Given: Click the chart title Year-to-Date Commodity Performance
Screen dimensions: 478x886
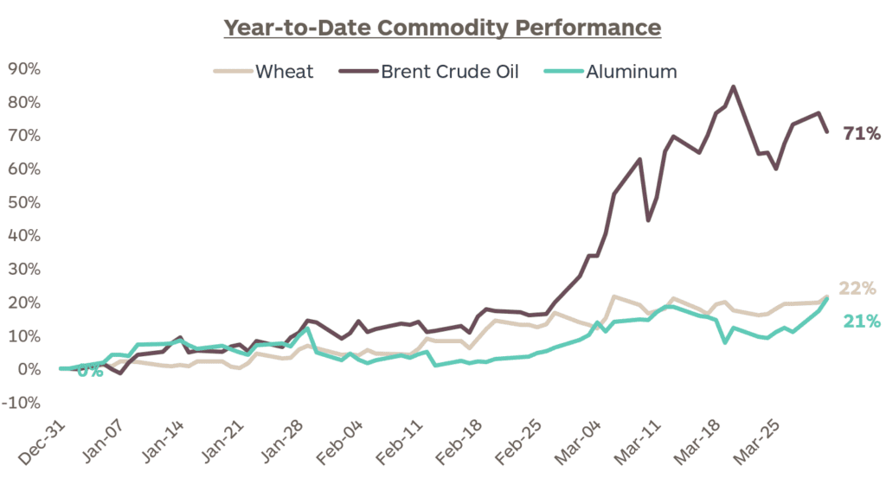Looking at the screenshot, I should (x=442, y=28).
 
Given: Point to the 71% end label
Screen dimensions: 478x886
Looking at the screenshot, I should (x=862, y=134).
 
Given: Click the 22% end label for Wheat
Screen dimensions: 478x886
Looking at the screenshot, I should (x=857, y=289).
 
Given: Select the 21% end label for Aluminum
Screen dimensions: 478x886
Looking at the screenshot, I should (x=862, y=322).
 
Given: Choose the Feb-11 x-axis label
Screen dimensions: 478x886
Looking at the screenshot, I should (x=405, y=443).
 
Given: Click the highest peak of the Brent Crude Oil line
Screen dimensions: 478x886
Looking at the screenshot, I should (x=734, y=86).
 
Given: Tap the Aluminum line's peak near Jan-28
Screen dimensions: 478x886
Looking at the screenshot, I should (x=308, y=328).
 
